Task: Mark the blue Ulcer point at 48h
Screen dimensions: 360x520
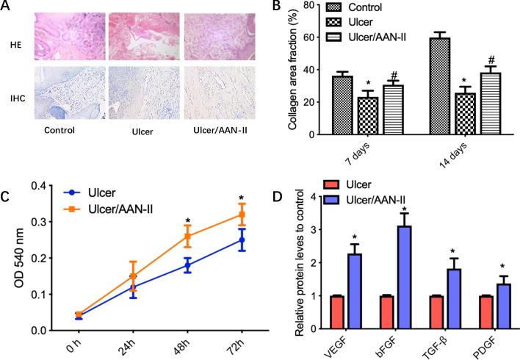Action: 187,265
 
